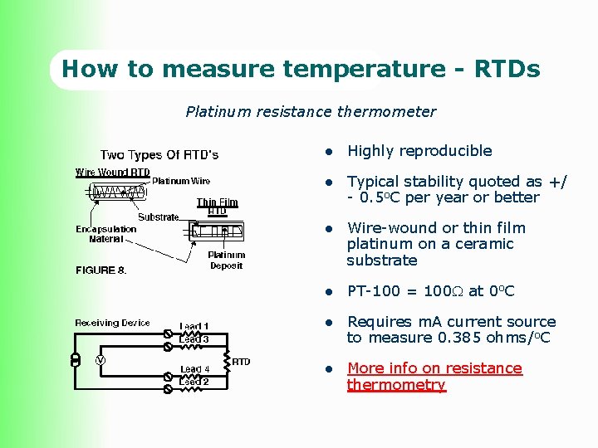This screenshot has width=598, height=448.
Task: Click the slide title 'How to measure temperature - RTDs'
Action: click(x=301, y=69)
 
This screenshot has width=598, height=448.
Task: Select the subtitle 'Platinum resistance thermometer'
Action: click(x=310, y=111)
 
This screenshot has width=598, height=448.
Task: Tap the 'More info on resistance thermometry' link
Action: click(x=434, y=377)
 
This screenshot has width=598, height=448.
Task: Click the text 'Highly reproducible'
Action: click(x=419, y=151)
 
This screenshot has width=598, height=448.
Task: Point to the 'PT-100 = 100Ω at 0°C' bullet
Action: click(x=430, y=291)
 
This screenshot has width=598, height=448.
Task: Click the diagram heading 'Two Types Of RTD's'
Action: click(x=159, y=155)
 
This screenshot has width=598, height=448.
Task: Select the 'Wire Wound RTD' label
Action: click(x=113, y=173)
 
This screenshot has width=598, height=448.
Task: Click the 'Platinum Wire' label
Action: click(x=181, y=181)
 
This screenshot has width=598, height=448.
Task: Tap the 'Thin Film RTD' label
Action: click(x=217, y=207)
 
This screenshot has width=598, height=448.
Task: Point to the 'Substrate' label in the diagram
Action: click(x=158, y=217)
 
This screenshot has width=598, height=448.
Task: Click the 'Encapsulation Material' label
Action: click(x=106, y=234)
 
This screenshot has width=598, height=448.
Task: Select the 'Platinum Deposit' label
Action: click(x=226, y=261)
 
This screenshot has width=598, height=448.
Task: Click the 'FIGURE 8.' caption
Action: click(x=101, y=270)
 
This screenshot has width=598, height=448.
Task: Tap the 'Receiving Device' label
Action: click(x=112, y=323)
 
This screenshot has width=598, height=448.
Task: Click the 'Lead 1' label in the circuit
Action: click(x=194, y=326)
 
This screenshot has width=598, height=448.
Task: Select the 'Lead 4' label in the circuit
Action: click(x=195, y=369)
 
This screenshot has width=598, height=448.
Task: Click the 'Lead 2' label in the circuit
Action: click(x=194, y=382)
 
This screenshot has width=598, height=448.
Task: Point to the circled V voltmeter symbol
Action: click(x=100, y=360)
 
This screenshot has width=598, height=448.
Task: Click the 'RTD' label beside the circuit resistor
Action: click(x=241, y=362)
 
